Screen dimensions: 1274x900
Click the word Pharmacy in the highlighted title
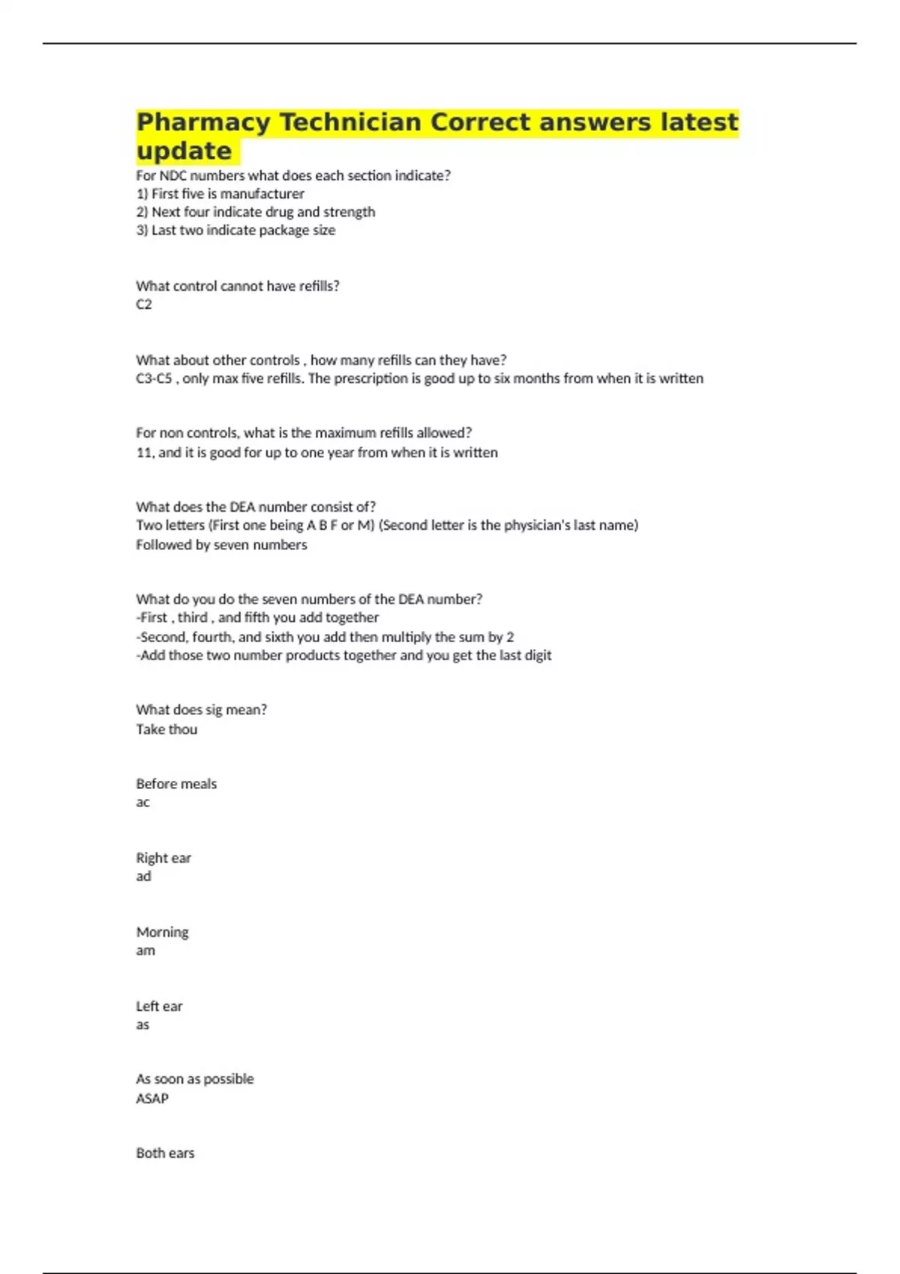click(203, 122)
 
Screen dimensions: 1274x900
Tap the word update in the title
click(184, 151)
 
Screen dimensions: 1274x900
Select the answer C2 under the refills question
click(144, 304)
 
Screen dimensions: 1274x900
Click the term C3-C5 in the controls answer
click(154, 378)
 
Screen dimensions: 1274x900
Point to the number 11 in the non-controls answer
click(144, 453)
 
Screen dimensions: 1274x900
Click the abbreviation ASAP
click(152, 1099)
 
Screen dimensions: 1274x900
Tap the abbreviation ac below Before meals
click(142, 803)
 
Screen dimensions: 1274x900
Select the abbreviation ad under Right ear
click(143, 876)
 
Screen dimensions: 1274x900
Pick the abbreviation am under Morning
click(145, 950)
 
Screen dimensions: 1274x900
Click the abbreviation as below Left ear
click(142, 1024)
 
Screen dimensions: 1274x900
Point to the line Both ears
click(165, 1153)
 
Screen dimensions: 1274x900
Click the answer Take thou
click(166, 729)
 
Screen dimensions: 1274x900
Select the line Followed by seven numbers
click(221, 545)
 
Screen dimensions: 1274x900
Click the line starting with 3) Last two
click(235, 230)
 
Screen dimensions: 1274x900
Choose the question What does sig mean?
click(201, 710)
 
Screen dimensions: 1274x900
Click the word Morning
click(162, 932)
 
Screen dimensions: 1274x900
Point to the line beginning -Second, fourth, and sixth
click(325, 637)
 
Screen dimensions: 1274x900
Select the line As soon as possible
click(195, 1079)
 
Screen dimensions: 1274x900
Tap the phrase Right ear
click(163, 858)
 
